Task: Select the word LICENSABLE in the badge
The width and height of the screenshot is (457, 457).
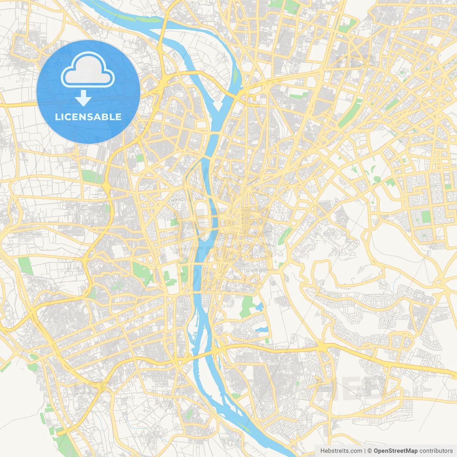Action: coord(88,117)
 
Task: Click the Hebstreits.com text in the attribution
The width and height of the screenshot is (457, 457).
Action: coord(341,451)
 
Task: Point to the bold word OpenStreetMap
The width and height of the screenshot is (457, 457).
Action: coord(396,451)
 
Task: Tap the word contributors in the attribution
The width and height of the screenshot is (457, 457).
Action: coord(436,451)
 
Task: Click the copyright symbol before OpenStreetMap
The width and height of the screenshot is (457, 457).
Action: coord(370,451)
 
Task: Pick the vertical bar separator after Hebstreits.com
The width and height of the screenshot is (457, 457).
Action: coord(365,451)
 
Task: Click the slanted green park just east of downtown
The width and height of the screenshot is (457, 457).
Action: coord(285,236)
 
